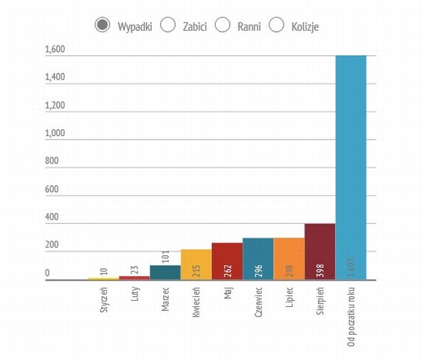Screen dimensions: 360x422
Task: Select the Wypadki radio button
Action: tap(102, 25)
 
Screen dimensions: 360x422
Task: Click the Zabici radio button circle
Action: tap(167, 25)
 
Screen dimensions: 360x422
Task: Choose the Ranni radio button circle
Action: tap(223, 25)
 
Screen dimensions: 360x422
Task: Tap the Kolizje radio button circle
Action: tap(276, 25)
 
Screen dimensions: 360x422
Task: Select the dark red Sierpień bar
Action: tap(320, 251)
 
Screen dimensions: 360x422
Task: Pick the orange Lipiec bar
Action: tap(289, 259)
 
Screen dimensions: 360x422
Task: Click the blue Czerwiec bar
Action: tap(258, 259)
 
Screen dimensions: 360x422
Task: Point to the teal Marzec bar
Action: tap(165, 272)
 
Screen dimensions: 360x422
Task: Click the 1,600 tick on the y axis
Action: tap(54, 49)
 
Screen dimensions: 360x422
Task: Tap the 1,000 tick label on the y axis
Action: tap(54, 133)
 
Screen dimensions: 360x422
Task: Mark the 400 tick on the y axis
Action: tap(52, 217)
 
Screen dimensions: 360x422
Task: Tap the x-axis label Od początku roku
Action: tap(351, 314)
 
